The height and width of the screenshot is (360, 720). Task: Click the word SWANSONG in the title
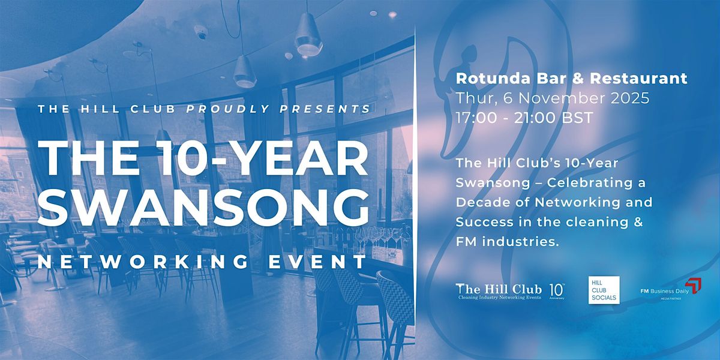[x=207, y=207]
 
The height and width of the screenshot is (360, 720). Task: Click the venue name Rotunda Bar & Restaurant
[x=571, y=78]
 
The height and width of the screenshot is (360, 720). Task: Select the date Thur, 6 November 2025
[x=552, y=98]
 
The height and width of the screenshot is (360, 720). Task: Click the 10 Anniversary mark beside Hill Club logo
[x=556, y=289]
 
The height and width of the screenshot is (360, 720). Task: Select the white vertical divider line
[x=416, y=180]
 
